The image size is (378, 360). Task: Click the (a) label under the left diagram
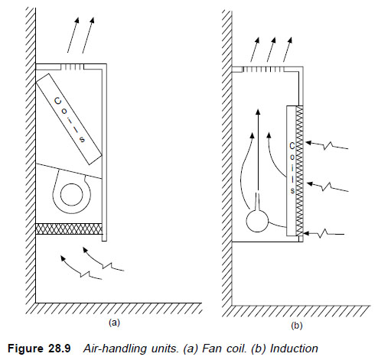(x=114, y=323)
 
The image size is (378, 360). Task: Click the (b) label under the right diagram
(x=296, y=326)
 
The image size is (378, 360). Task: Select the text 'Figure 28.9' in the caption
(x=39, y=349)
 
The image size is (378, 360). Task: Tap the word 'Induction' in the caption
(x=294, y=349)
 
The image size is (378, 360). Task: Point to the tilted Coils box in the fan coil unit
(x=69, y=119)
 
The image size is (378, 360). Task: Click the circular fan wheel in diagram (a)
(x=72, y=195)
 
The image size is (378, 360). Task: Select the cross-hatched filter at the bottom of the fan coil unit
(x=69, y=229)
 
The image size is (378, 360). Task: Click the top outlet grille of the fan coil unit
(x=72, y=67)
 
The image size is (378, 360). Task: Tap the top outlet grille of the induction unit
(x=262, y=70)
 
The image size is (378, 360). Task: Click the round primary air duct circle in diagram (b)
(x=257, y=221)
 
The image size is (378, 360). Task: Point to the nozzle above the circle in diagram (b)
(x=258, y=201)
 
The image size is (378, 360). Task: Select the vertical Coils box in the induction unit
(x=292, y=170)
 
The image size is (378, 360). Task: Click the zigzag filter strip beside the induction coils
(x=300, y=170)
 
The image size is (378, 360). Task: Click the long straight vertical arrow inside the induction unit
(x=258, y=150)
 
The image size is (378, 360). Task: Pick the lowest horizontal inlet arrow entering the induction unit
(x=324, y=233)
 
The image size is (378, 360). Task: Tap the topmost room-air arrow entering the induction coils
(x=327, y=144)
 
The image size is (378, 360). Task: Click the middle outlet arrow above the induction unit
(x=272, y=50)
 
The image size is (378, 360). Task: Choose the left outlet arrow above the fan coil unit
(x=73, y=35)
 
